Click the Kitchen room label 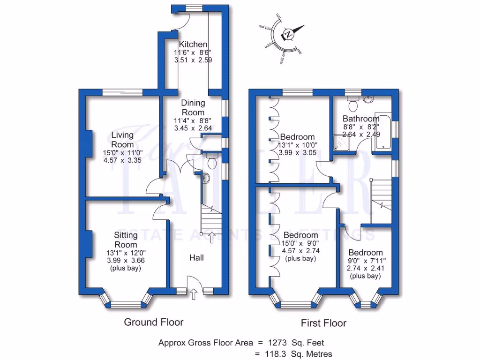click(x=193, y=45)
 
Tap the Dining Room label click(x=193, y=107)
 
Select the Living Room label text click(x=122, y=140)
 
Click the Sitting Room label click(x=126, y=240)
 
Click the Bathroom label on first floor click(x=360, y=119)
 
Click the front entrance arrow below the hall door click(x=194, y=294)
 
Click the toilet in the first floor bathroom click(x=354, y=99)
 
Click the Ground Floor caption click(x=153, y=322)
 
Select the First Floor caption click(x=323, y=323)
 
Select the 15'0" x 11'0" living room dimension click(x=122, y=153)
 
